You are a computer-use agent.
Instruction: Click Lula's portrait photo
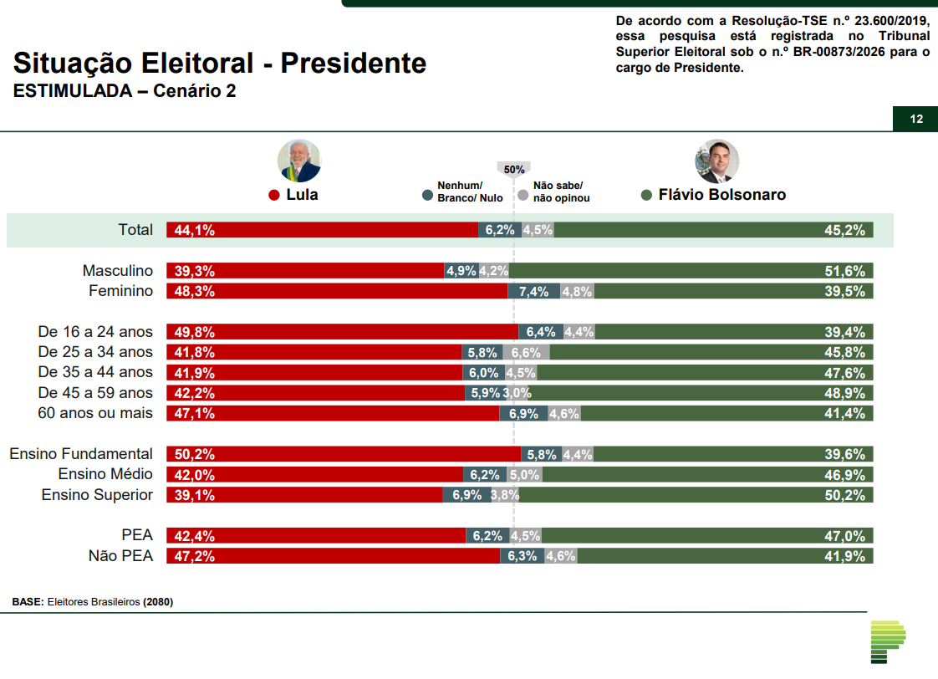click(299, 161)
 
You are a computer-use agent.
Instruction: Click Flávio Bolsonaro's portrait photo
click(717, 161)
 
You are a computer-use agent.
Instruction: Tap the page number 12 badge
click(916, 119)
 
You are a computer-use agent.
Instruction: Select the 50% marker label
click(514, 170)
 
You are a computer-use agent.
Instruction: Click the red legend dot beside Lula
click(273, 196)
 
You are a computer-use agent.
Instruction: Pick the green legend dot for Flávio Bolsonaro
click(646, 196)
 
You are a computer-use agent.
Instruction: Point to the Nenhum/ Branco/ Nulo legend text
click(470, 191)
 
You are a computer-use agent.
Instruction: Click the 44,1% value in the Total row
click(195, 231)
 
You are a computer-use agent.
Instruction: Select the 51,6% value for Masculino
click(844, 271)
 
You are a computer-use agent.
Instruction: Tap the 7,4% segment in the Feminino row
click(533, 292)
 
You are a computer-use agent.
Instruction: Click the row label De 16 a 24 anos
click(95, 332)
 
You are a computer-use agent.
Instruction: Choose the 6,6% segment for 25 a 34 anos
click(527, 353)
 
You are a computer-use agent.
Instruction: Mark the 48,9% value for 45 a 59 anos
click(844, 393)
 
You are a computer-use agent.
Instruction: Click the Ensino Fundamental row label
click(81, 454)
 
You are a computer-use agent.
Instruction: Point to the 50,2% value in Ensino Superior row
click(844, 495)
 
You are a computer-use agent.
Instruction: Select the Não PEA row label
click(120, 556)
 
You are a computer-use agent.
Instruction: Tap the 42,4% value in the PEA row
click(195, 536)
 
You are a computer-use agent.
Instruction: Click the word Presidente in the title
click(353, 64)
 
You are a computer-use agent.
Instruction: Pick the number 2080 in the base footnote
click(158, 601)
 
